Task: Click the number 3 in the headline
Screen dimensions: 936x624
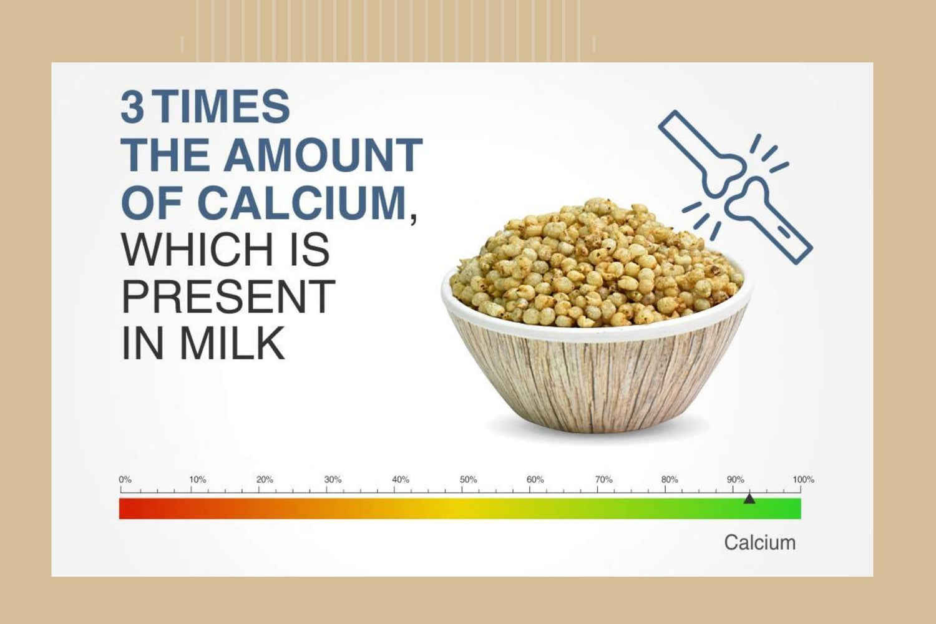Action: (132, 107)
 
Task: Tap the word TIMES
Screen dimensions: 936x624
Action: (223, 107)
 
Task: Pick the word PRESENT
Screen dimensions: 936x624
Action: (228, 297)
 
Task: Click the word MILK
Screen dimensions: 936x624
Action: (232, 344)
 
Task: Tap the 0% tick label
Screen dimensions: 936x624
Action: (125, 480)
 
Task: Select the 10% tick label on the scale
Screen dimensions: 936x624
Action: (197, 480)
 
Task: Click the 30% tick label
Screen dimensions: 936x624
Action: (333, 480)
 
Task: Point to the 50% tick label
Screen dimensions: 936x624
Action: (468, 480)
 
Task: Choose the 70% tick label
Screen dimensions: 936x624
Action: (603, 480)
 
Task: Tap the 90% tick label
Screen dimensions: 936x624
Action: (736, 480)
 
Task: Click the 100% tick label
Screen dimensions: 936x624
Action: (804, 480)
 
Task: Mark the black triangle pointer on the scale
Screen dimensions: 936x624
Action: (749, 499)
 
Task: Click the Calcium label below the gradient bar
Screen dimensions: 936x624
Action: (759, 543)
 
